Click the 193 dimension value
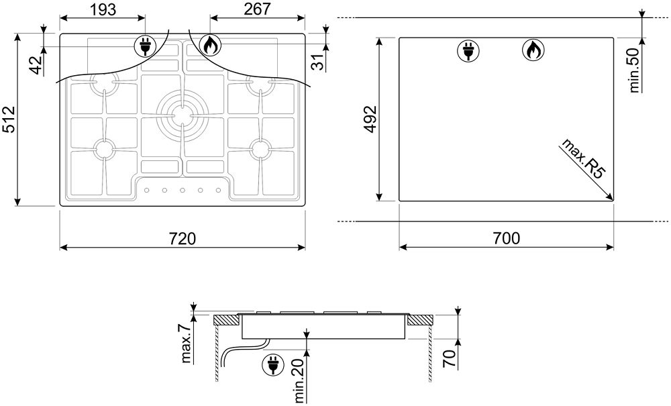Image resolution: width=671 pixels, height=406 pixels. (103, 9)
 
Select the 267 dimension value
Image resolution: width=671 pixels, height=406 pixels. (257, 9)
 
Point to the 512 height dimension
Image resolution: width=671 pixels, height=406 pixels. (9, 119)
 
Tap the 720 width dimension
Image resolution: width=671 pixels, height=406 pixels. (182, 238)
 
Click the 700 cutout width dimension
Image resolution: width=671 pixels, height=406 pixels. (506, 238)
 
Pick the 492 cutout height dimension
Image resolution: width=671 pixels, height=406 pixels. (370, 119)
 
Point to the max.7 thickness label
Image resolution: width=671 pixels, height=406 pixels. (186, 342)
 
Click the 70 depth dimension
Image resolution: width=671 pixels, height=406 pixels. (449, 358)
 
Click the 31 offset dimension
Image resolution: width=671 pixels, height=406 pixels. (317, 62)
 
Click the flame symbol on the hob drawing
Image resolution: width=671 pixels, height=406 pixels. (211, 45)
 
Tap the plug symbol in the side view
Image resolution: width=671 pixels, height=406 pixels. (274, 365)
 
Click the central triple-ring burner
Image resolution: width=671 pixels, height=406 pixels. (183, 115)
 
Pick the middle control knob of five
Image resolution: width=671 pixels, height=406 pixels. (183, 190)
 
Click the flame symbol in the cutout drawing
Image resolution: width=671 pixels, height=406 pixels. (533, 50)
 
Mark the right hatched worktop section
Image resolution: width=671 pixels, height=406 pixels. (420, 319)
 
